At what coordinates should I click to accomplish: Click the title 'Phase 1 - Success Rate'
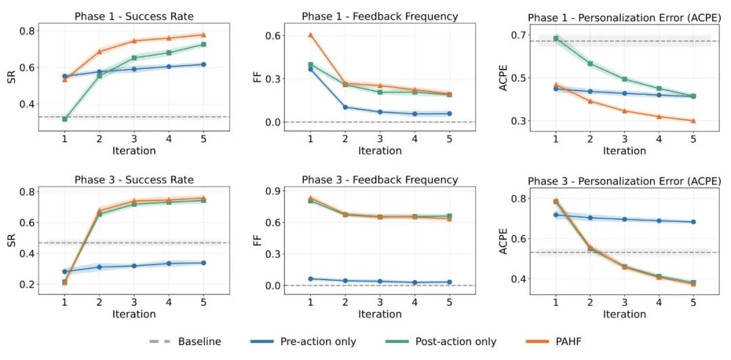(x=134, y=16)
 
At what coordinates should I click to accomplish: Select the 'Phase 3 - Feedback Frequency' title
(x=380, y=180)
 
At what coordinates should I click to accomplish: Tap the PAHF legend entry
(x=568, y=342)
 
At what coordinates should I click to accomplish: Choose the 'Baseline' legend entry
(x=200, y=342)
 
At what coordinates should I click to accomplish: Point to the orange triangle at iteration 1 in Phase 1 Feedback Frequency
(x=311, y=35)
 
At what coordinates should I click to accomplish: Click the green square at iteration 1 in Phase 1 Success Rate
(x=65, y=119)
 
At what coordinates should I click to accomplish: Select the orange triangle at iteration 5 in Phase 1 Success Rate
(x=203, y=35)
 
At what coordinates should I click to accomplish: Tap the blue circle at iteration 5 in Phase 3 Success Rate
(x=203, y=263)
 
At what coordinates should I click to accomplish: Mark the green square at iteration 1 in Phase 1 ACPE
(x=556, y=39)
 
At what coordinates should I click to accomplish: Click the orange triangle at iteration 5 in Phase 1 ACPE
(x=694, y=121)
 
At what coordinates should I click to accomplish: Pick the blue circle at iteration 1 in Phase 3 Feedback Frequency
(x=311, y=279)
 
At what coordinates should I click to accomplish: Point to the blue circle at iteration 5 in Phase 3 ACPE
(x=694, y=222)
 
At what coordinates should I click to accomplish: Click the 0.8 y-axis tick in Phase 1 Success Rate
(x=28, y=31)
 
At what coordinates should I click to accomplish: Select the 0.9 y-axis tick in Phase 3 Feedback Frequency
(x=274, y=192)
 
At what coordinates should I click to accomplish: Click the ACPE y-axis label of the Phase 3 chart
(x=504, y=240)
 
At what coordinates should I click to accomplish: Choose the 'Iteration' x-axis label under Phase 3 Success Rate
(x=134, y=314)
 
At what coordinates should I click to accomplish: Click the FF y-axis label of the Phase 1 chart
(x=258, y=76)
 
